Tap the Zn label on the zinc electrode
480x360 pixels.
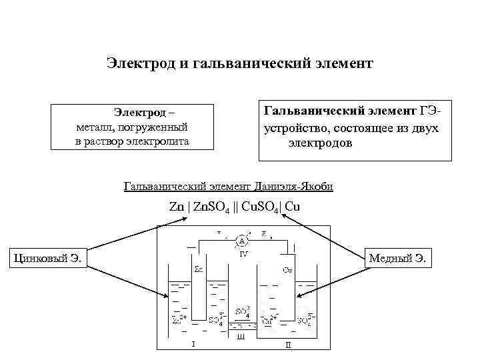pos(199,270)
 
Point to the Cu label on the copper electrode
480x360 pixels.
pos(287,271)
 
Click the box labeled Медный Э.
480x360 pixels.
pos(400,257)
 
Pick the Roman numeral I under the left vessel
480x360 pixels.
pos(193,345)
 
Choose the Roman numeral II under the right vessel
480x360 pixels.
pos(288,345)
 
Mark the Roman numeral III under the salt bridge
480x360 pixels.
pos(241,337)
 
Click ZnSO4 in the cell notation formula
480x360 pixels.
pos(213,207)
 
